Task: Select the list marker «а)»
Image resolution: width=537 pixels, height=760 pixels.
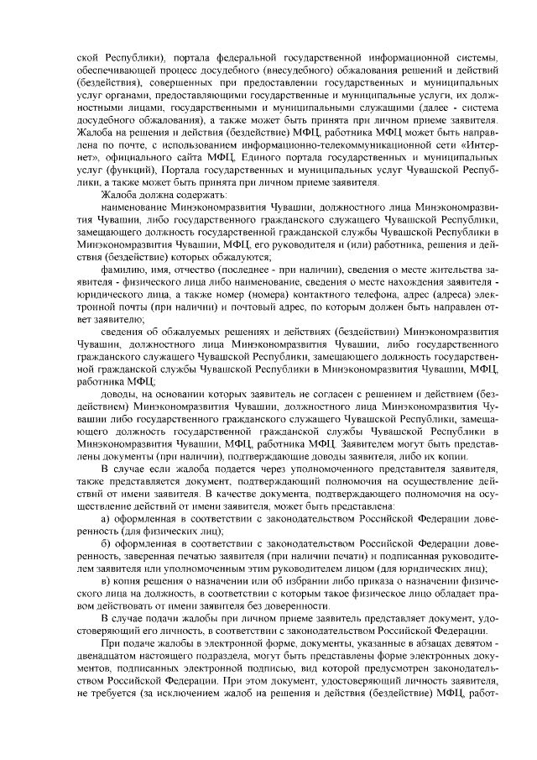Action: point(106,517)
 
